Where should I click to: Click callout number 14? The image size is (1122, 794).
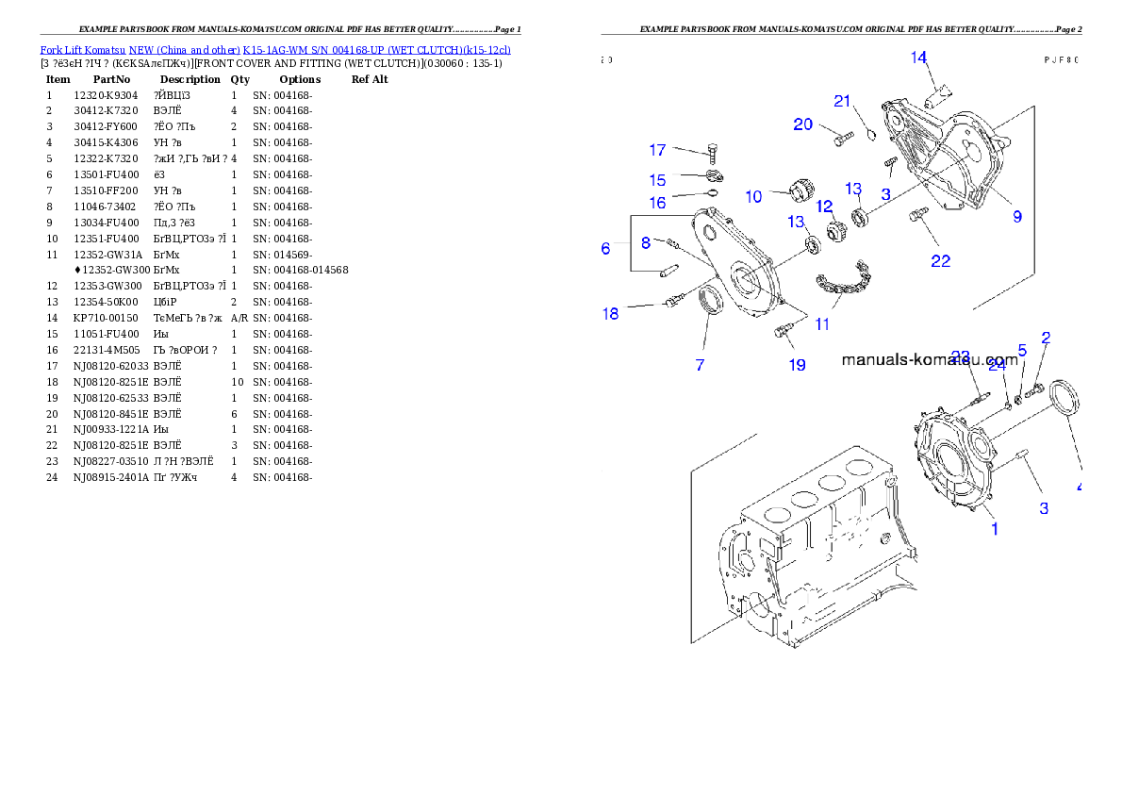tap(918, 58)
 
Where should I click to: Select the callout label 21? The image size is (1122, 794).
tap(842, 101)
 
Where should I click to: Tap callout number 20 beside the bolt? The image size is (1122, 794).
tap(802, 124)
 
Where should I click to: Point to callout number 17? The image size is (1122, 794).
tap(657, 150)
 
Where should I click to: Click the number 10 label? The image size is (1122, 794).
tap(753, 197)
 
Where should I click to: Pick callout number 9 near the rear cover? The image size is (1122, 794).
tap(1017, 217)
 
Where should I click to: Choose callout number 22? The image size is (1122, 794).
tap(940, 261)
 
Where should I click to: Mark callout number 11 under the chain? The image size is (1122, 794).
tap(822, 323)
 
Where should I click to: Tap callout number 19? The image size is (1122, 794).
tap(797, 364)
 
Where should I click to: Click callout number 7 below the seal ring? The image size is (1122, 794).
tap(700, 364)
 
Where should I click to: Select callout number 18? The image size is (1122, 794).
tap(611, 313)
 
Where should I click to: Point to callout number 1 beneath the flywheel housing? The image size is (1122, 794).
tap(994, 529)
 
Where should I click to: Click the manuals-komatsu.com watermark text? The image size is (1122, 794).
tap(930, 360)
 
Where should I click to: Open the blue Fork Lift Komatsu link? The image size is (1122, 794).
tap(275, 49)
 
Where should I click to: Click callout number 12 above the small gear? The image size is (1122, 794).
tap(824, 207)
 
